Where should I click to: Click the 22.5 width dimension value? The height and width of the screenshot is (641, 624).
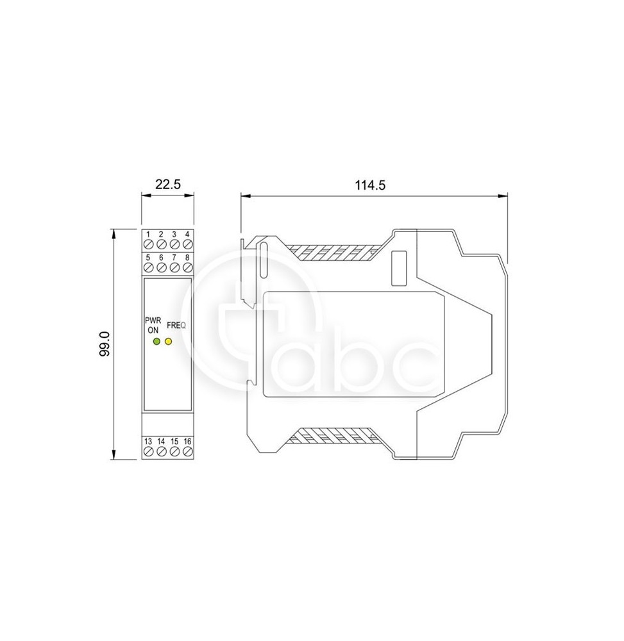tap(167, 185)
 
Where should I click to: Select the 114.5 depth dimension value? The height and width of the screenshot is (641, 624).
tap(370, 185)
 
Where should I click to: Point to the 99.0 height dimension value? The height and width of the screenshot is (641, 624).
tap(105, 344)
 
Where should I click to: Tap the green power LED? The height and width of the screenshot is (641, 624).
tap(156, 342)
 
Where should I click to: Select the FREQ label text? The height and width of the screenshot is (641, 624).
tap(176, 326)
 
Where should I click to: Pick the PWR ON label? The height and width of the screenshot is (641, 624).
tap(153, 326)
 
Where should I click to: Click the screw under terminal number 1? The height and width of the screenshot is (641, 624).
tap(148, 244)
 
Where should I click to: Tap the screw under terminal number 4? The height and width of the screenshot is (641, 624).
tap(187, 244)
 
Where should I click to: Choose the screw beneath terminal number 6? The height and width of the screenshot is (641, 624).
tap(161, 268)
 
